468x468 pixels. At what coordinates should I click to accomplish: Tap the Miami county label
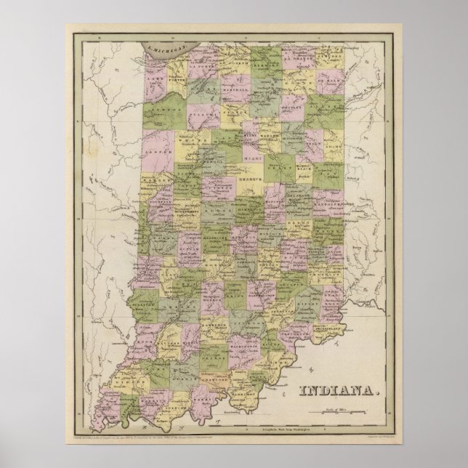click(x=254, y=145)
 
